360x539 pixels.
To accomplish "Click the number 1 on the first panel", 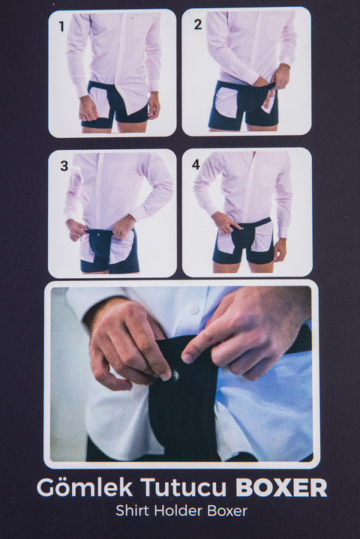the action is click(62, 26).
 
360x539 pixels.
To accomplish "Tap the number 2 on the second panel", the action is click(198, 25).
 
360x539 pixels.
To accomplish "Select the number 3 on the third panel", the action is click(64, 166).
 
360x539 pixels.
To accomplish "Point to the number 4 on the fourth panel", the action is click(196, 164).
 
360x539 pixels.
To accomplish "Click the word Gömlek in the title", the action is click(85, 487).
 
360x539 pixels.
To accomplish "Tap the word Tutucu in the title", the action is click(184, 487).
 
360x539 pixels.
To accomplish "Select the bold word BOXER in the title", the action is click(281, 487).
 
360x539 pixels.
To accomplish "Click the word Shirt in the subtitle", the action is click(133, 511).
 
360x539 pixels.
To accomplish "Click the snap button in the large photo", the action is click(175, 374).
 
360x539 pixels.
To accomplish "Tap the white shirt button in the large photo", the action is click(194, 310).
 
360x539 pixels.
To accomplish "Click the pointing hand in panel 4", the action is click(225, 222).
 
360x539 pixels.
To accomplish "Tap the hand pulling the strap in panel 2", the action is click(280, 77).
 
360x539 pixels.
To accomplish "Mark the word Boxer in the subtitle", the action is click(227, 511).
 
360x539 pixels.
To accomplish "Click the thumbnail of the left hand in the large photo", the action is click(166, 376).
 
